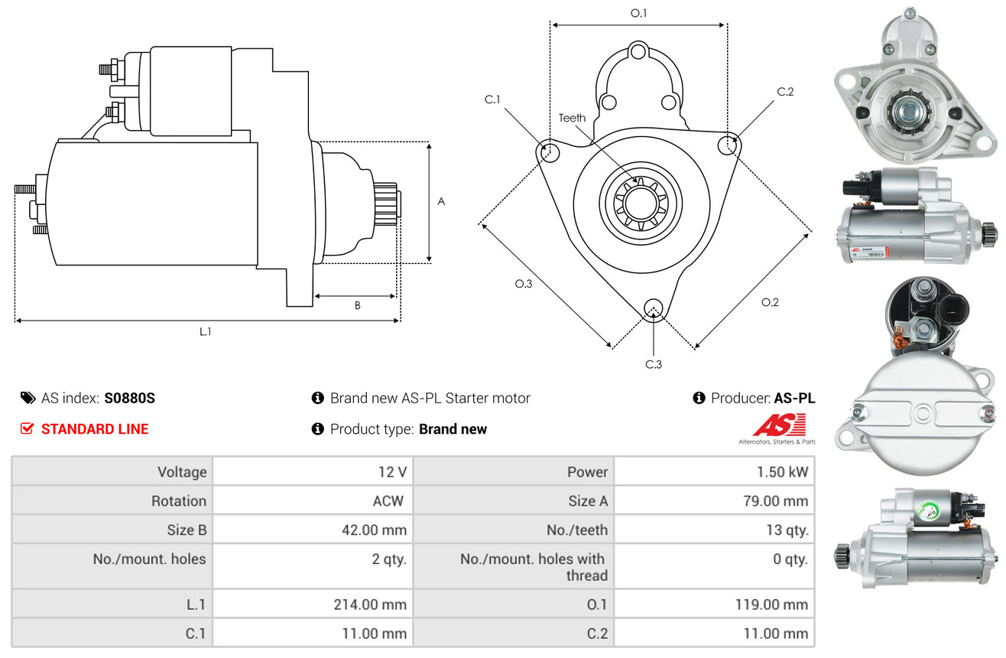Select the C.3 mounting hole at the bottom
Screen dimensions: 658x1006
pos(653,308)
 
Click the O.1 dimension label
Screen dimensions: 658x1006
pos(638,13)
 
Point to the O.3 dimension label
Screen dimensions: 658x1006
pos(523,284)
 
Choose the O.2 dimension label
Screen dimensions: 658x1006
pos(770,302)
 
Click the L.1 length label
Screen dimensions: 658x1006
pos(205,331)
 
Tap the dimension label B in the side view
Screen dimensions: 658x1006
pos(357,305)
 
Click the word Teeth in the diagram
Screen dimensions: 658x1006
pos(572,118)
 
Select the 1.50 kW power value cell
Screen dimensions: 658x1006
pos(782,471)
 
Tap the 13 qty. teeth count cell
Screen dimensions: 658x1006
pos(787,529)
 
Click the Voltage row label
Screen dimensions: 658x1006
pos(182,471)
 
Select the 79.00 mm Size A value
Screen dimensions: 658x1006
pos(776,501)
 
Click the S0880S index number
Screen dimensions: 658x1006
pos(130,398)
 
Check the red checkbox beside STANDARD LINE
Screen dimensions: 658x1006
pos(27,428)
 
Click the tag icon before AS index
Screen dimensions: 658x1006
pos(28,398)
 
